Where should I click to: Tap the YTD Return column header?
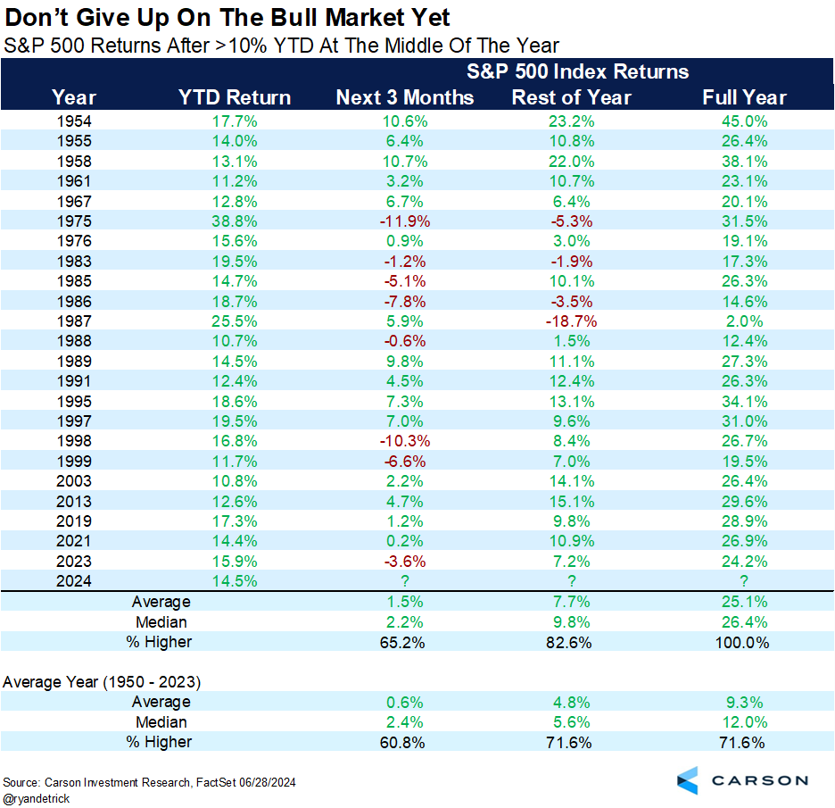(235, 97)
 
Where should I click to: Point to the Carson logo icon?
(688, 779)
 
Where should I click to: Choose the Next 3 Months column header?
(405, 97)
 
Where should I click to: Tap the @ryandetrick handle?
(38, 797)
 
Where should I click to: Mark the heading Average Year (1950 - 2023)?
(102, 681)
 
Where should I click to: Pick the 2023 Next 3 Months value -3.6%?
(405, 560)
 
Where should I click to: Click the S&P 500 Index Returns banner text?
(577, 71)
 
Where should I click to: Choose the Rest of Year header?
(571, 97)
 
